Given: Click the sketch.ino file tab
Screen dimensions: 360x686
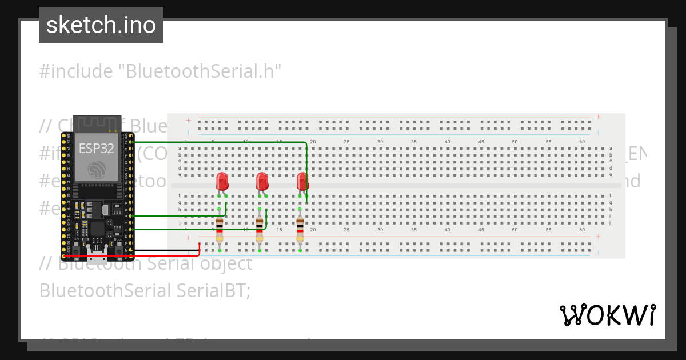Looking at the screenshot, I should (101, 25).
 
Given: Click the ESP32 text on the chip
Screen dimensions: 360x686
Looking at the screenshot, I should (96, 149).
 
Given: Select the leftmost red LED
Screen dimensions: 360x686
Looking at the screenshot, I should (222, 182).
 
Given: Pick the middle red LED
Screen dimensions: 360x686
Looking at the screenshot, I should (262, 182).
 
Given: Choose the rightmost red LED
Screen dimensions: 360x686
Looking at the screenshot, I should (302, 182).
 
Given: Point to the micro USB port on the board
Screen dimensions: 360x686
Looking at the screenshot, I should (97, 254).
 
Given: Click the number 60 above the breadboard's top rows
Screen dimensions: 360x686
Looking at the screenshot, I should (582, 142).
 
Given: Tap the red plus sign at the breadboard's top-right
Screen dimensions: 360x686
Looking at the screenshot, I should (598, 117).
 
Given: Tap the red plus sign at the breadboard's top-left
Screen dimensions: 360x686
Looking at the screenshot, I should (188, 120).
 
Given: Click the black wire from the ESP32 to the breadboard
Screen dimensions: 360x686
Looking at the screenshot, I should (166, 250).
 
